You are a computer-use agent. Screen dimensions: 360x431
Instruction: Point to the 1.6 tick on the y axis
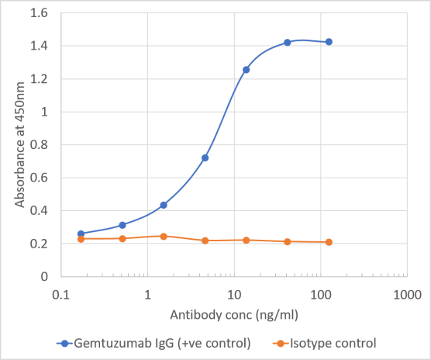(x=39, y=13)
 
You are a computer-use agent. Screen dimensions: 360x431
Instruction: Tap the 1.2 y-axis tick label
(x=39, y=79)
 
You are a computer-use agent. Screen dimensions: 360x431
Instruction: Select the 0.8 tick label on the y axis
(x=39, y=145)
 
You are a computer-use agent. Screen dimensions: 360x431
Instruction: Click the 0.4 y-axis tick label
(x=39, y=211)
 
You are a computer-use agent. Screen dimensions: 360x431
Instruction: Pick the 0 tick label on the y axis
(x=43, y=277)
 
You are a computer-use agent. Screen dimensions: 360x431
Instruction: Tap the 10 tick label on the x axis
(x=233, y=294)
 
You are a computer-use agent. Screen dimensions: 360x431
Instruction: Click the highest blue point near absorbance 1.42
(x=288, y=42)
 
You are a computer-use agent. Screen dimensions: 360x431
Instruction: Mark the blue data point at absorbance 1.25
(x=247, y=70)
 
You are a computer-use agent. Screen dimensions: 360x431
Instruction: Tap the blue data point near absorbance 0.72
(x=205, y=157)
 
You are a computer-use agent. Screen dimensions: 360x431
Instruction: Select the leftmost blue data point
(x=81, y=234)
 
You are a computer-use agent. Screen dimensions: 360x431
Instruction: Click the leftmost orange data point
(x=81, y=239)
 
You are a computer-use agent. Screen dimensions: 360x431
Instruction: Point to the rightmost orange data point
(x=329, y=242)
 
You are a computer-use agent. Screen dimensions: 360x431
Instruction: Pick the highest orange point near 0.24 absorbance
(x=164, y=236)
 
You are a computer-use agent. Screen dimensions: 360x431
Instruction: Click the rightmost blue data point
(x=329, y=42)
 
